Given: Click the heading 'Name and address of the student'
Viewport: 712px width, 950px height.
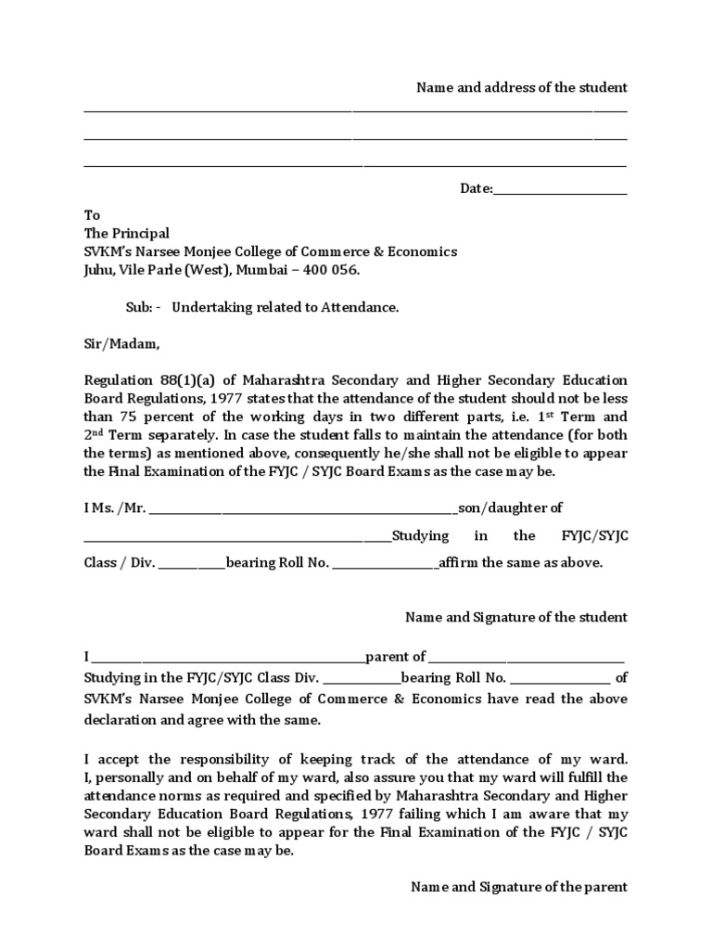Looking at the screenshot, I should click(x=521, y=87).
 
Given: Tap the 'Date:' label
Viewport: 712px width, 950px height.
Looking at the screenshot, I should click(x=477, y=188).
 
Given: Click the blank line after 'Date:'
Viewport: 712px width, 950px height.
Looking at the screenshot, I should click(x=560, y=190).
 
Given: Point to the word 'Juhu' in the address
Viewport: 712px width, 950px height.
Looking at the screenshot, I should click(x=97, y=270).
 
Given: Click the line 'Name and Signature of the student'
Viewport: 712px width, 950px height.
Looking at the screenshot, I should click(x=516, y=617).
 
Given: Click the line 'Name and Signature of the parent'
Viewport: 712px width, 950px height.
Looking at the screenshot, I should click(x=519, y=887).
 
